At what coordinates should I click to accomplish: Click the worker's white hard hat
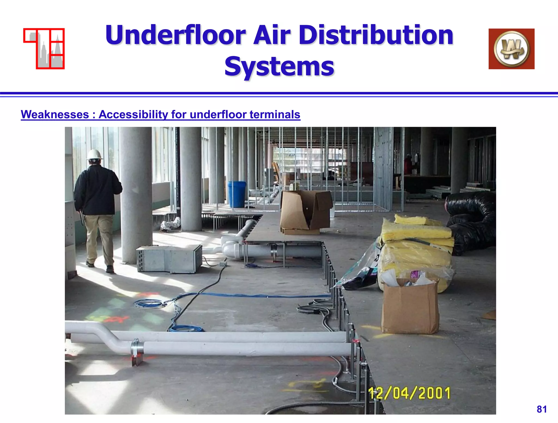94,155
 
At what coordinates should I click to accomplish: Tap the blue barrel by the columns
236,194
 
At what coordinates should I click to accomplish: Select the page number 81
542,409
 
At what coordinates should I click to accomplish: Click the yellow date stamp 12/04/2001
409,393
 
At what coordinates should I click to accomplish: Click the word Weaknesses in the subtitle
55,114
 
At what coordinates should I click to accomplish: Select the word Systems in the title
279,66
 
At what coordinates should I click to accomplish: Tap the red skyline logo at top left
44,49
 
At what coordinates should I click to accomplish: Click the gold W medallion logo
511,49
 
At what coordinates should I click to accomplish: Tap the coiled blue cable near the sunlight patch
149,303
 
